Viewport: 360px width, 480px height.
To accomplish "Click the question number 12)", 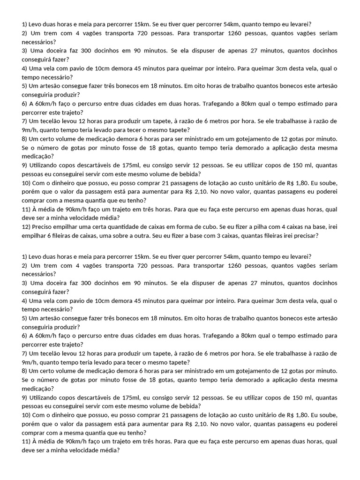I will coord(27,227).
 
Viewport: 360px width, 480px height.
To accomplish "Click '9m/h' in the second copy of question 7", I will coord(30,362).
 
